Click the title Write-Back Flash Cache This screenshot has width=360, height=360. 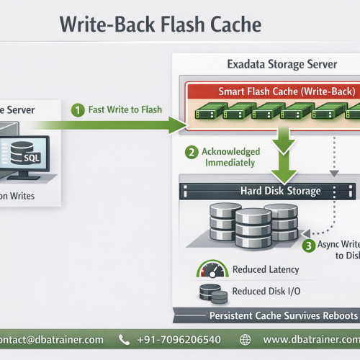coord(160,24)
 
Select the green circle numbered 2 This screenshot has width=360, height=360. coord(192,153)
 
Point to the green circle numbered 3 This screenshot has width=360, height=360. coord(308,245)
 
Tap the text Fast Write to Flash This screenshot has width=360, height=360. coord(125,110)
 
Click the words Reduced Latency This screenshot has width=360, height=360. coord(266,270)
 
